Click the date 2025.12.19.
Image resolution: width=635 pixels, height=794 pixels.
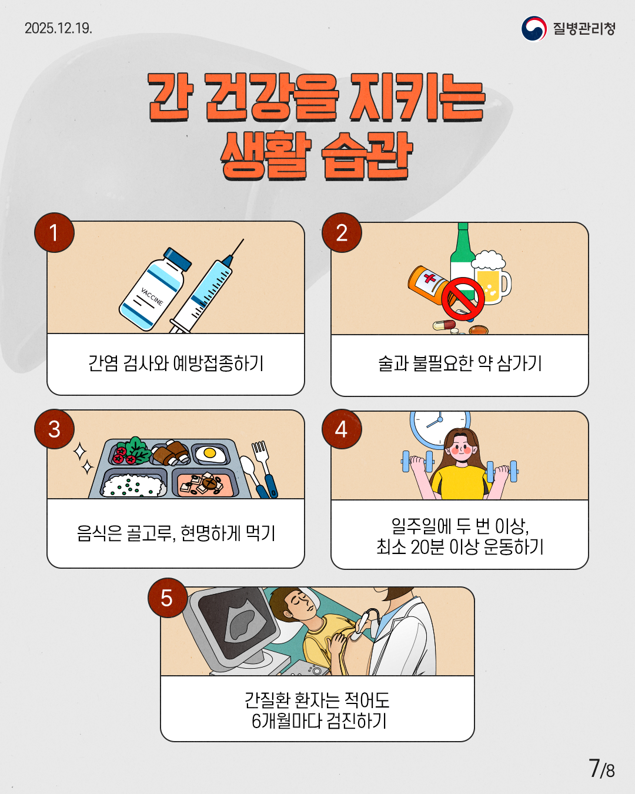pos(58,28)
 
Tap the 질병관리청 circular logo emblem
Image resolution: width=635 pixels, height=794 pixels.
pos(534,29)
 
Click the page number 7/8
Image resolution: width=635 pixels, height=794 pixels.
pos(601,769)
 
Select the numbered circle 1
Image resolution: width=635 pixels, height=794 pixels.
pos(54,233)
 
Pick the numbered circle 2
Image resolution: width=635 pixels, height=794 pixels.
pos(342,233)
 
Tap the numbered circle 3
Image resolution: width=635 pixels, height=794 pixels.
pos(54,429)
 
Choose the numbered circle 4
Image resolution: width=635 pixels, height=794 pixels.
pos(342,429)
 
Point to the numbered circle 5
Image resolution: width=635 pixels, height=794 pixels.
pos(167,598)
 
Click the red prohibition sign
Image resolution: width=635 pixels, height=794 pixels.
pos(463,298)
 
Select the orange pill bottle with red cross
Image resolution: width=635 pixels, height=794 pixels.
pos(428,283)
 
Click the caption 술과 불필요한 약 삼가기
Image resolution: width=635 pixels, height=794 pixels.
pos(460,363)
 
